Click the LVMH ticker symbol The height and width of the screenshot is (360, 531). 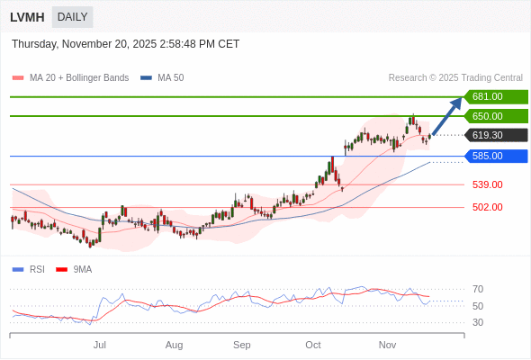[x=27, y=17]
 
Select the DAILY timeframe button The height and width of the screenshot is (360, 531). [x=72, y=17]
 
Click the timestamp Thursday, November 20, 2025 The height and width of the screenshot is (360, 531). [x=126, y=43]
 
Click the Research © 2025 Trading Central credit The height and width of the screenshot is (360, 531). [x=455, y=77]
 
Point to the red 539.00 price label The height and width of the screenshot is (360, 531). [x=487, y=184]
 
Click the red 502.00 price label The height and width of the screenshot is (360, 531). [x=487, y=207]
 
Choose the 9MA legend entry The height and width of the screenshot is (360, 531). [x=82, y=269]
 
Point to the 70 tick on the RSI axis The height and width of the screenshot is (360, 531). [x=478, y=289]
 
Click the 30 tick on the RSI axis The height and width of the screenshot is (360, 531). [x=478, y=322]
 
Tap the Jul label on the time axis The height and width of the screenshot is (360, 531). [x=100, y=345]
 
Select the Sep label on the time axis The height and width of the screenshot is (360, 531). [x=241, y=345]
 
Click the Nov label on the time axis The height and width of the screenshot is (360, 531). [x=387, y=345]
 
